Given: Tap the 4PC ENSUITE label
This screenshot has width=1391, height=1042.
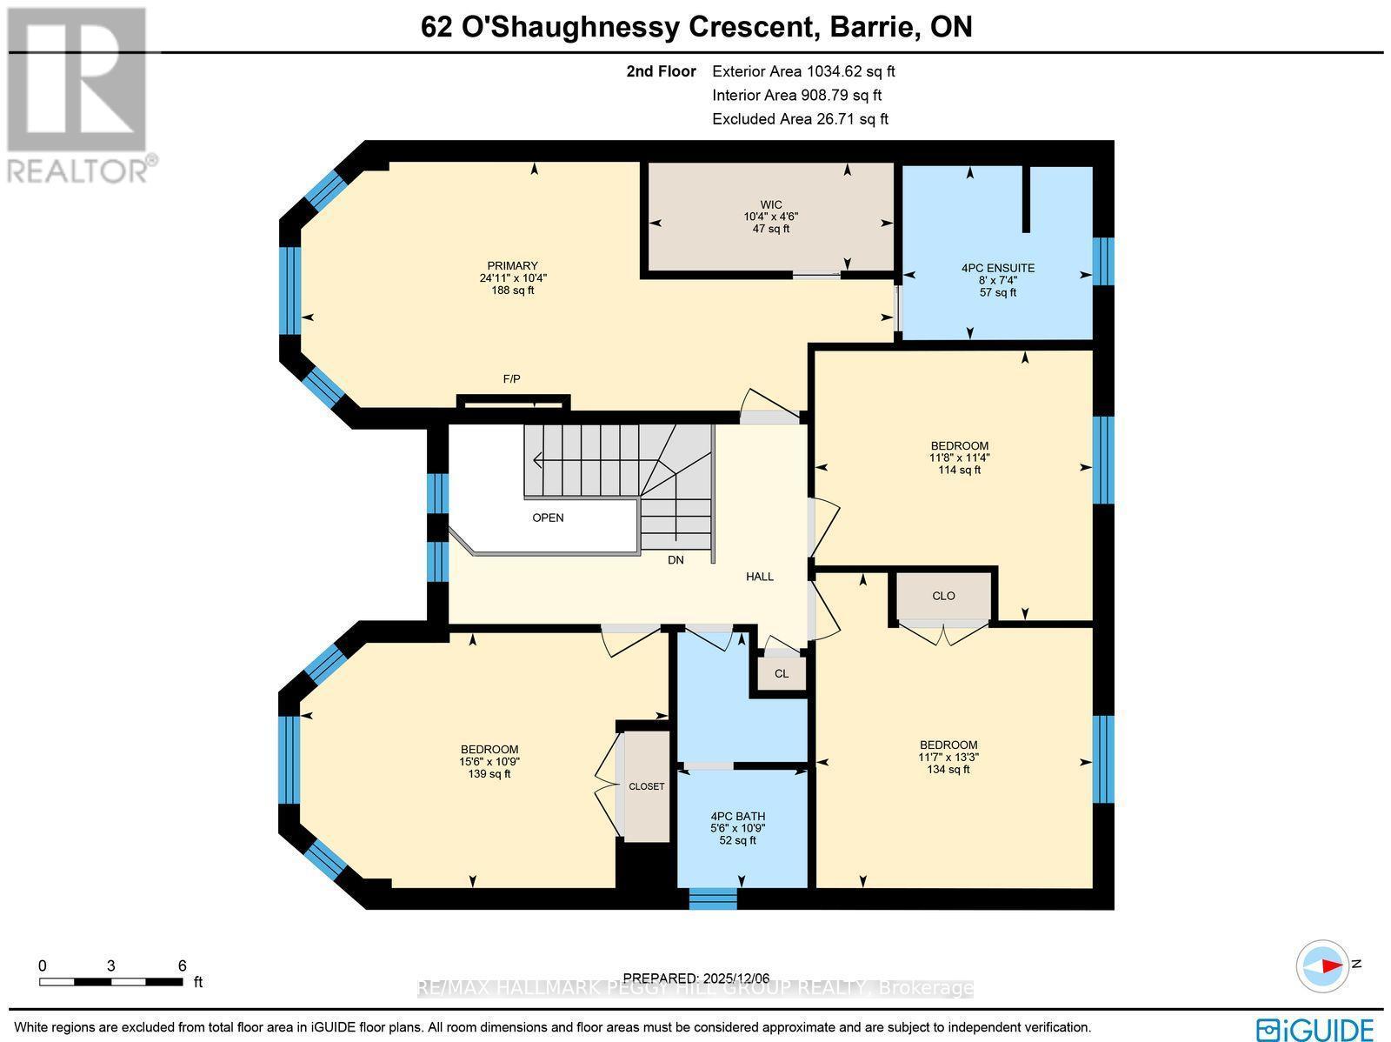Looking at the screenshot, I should click(997, 269).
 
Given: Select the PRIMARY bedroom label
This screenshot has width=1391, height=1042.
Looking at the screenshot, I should click(512, 266).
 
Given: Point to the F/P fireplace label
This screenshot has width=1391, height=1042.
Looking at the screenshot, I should click(512, 379).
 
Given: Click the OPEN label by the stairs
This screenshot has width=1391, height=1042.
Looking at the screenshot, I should click(548, 518).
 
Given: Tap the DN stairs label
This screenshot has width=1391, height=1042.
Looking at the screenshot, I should click(676, 560).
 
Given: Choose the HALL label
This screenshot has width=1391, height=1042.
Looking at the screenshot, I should click(759, 577).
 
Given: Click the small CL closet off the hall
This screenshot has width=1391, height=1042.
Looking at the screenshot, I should click(782, 673).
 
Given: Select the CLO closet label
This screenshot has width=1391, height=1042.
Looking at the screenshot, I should click(943, 596).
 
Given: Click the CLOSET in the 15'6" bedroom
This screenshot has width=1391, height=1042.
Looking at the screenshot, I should click(646, 786).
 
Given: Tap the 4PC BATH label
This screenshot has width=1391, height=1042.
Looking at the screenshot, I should click(737, 817).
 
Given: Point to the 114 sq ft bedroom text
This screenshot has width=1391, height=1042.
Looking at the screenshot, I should click(958, 470).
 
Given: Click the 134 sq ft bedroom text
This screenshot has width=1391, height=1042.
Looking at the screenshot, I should click(948, 769).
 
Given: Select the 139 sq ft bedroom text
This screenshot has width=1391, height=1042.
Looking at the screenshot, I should click(489, 773).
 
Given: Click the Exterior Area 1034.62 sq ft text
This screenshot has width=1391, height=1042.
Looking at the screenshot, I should click(802, 72).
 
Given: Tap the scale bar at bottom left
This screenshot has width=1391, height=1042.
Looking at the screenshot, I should click(110, 981).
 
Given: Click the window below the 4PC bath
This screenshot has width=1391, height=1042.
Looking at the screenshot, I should click(713, 898).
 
